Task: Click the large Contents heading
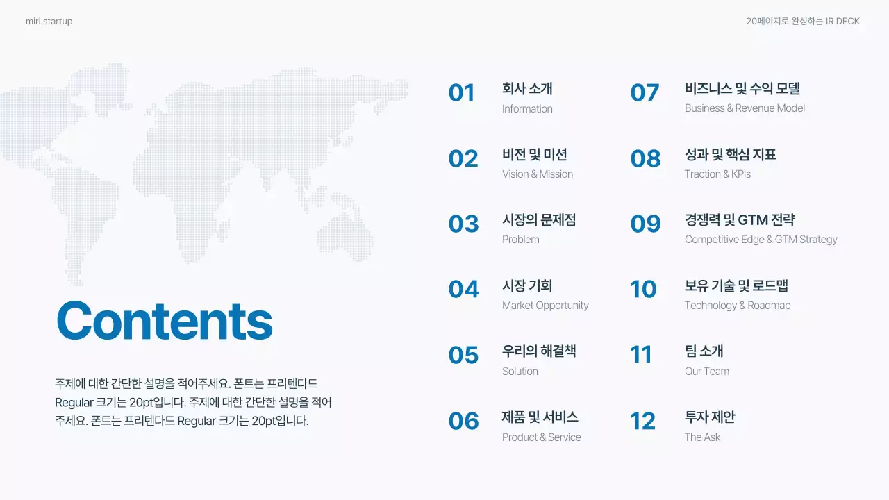164,320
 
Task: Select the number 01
461,93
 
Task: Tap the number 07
645,93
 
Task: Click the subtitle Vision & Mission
538,174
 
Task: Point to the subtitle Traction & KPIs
717,174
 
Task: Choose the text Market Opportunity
545,306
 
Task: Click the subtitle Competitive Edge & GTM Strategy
761,240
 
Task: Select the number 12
642,422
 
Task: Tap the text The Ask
702,437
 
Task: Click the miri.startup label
49,22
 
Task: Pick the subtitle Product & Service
541,437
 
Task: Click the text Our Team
706,372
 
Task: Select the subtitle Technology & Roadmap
737,306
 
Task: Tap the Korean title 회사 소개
527,89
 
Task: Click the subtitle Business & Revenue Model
745,108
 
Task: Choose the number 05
463,356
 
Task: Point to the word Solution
520,372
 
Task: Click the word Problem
520,240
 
